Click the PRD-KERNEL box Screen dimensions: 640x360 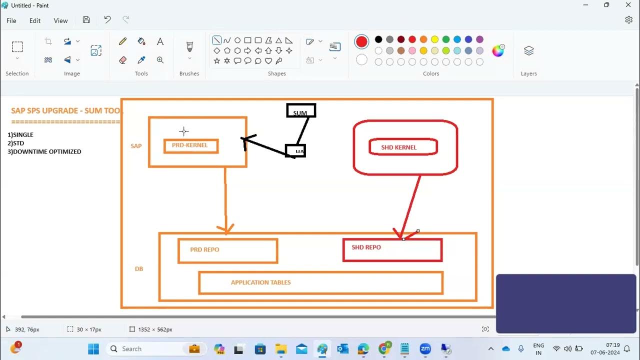point(191,145)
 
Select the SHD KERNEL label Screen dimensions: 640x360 point(398,147)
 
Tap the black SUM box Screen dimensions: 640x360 point(300,110)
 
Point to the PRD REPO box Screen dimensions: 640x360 point(227,250)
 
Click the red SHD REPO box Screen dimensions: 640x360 point(392,249)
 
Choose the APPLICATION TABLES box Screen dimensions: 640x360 point(320,282)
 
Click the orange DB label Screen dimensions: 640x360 point(139,269)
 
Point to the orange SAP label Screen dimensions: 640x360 point(136,146)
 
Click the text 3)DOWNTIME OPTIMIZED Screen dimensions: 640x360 point(44,151)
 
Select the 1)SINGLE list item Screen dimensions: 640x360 point(20,134)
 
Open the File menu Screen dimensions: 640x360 point(11,20)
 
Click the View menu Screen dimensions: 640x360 point(60,20)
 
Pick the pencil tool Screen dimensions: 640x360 point(123,41)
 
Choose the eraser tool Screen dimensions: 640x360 point(123,60)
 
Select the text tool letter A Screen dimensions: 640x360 point(160,41)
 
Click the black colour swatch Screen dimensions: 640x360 point(378,39)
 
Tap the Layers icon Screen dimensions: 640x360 point(528,51)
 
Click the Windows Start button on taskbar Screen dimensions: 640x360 point(93,348)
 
